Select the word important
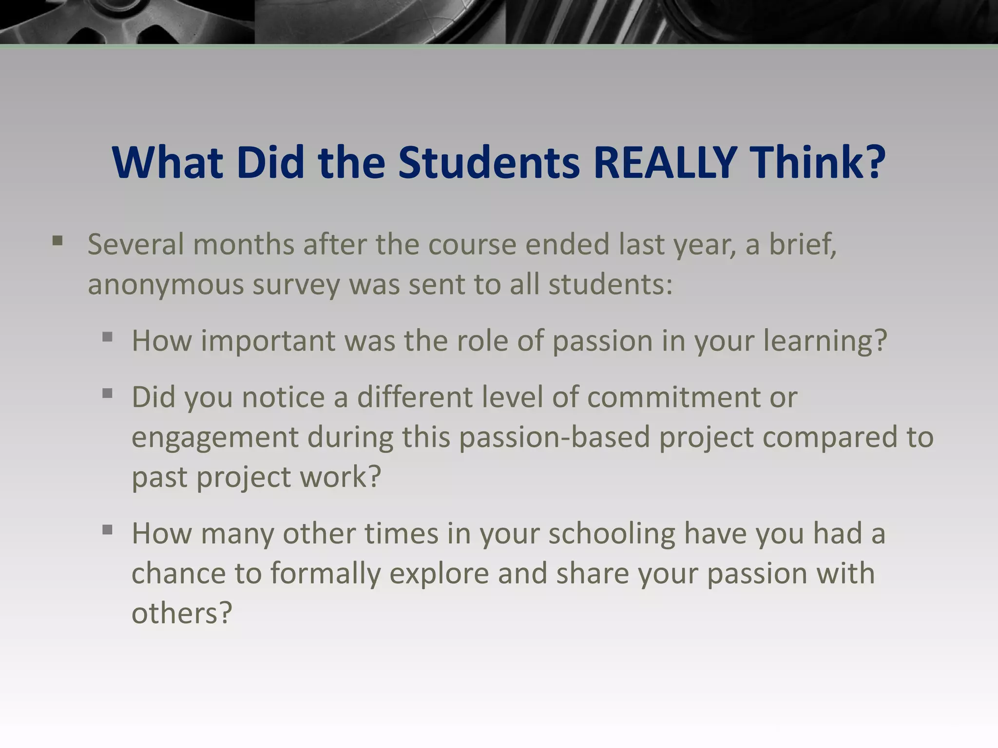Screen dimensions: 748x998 (x=268, y=341)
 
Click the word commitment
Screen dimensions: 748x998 (x=692, y=397)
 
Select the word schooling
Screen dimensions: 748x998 (x=612, y=534)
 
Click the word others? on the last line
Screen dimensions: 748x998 (x=181, y=613)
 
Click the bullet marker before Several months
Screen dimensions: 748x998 (x=58, y=241)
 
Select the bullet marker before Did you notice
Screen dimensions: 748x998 (x=108, y=393)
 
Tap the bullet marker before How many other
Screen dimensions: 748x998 (x=108, y=529)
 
